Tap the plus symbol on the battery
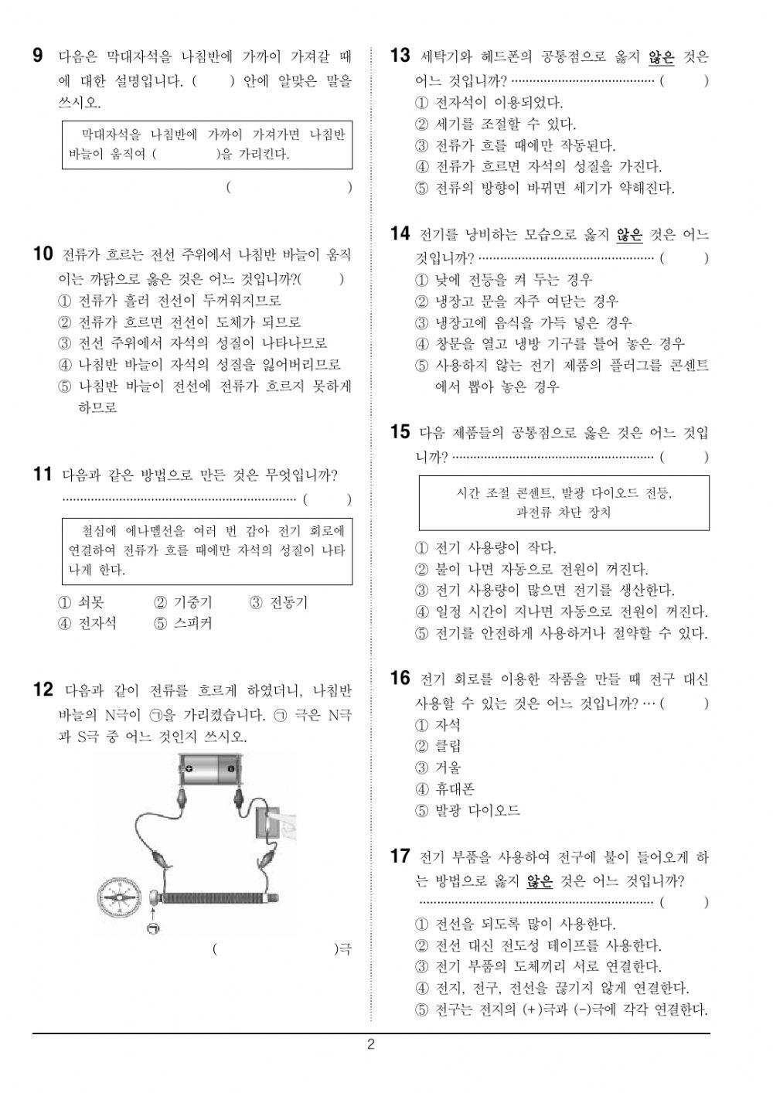coord(188,769)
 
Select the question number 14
coord(400,233)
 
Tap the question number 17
coord(400,856)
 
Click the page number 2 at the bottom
coord(371,1046)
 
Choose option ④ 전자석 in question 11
coord(87,623)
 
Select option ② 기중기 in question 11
coord(183,602)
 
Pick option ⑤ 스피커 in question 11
coord(183,623)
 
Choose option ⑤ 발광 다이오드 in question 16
coord(467,811)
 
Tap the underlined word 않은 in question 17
coord(540,880)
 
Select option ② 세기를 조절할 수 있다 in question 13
coord(495,124)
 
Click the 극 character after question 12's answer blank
coord(345,949)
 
